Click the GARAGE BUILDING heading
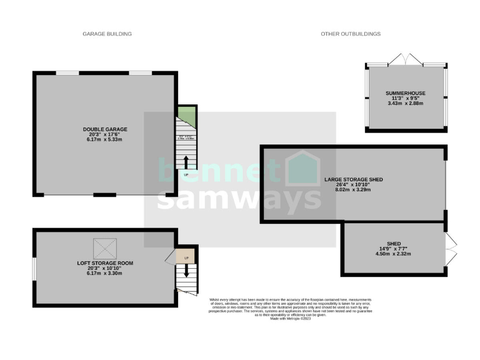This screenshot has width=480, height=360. pos(107,34)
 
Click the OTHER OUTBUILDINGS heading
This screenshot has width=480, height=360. pos(351,34)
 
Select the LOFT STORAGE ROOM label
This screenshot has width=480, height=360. pos(105,263)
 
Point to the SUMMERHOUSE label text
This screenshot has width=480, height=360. pos(405,93)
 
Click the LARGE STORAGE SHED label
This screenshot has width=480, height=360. pos(353,179)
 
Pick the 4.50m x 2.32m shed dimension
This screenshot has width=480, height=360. pos(393,254)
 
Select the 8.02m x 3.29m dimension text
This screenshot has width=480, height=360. pos(353,189)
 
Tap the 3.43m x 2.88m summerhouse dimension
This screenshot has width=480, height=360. pos(405,103)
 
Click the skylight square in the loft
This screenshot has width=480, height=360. pos(105,249)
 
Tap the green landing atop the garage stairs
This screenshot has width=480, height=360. pos(186,116)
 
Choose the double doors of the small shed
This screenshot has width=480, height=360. pos(452,249)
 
